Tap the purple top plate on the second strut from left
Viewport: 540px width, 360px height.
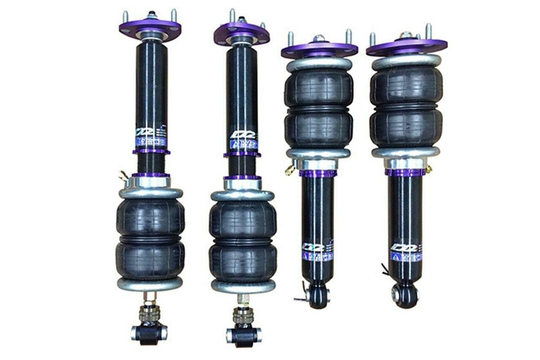point(241,33)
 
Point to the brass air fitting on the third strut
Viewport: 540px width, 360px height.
point(290,169)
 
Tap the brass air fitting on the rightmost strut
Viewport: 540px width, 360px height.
point(429,169)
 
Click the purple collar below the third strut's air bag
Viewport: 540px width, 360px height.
point(318,173)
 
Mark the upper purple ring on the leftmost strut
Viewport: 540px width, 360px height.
point(151,151)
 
